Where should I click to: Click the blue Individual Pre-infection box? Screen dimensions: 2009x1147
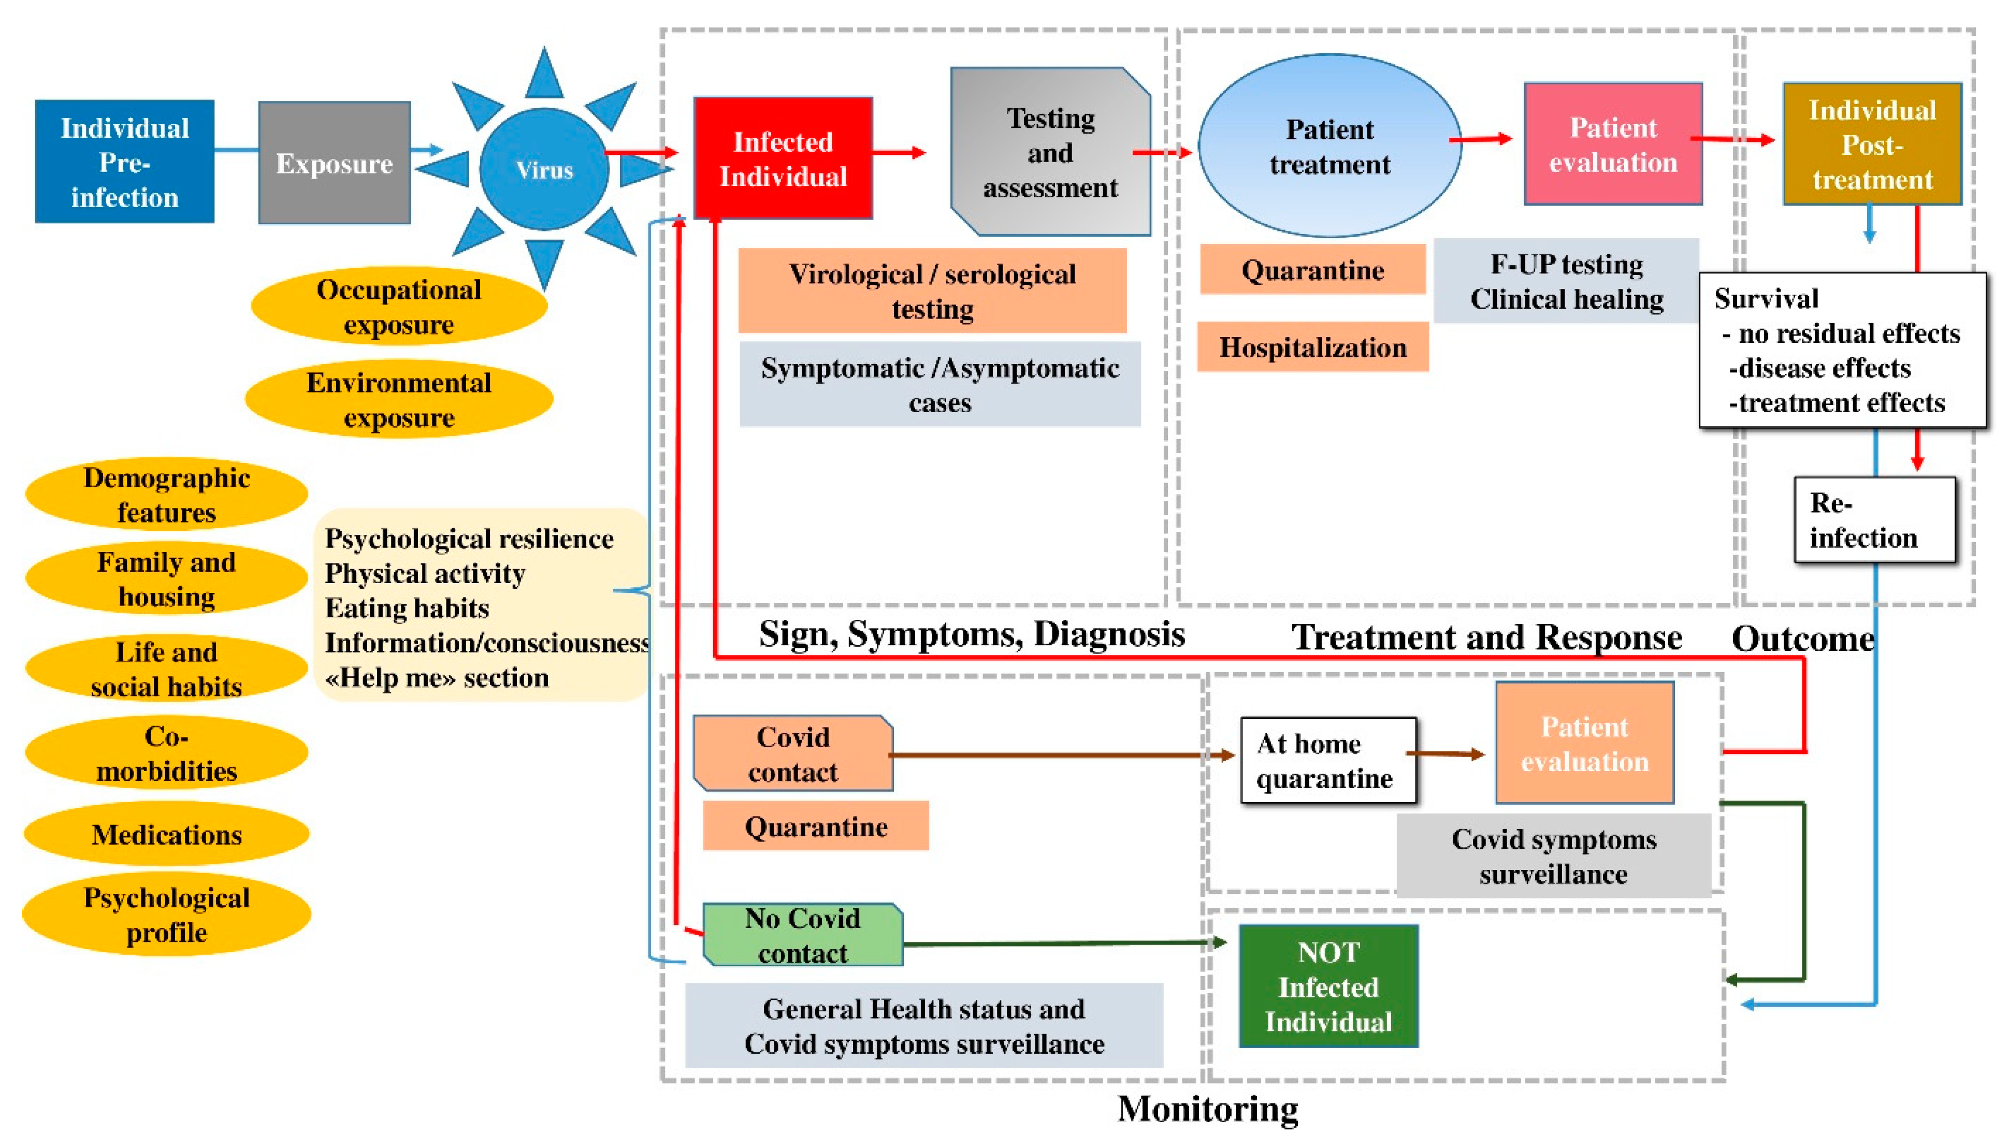pyautogui.click(x=124, y=162)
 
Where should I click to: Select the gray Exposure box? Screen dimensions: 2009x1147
pyautogui.click(x=334, y=162)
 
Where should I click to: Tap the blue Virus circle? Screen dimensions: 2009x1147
pyautogui.click(x=544, y=169)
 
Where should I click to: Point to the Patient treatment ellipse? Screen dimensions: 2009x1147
pyautogui.click(x=1330, y=146)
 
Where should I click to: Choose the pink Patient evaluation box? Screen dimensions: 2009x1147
pyautogui.click(x=1613, y=144)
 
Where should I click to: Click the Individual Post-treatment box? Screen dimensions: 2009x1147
pyautogui.click(x=1872, y=144)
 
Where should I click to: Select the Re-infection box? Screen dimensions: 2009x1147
pyautogui.click(x=1874, y=520)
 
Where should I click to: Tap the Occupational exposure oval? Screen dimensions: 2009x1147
pyautogui.click(x=399, y=307)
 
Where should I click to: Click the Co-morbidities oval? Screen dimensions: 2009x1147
pyautogui.click(x=166, y=753)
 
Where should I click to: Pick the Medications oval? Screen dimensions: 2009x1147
pyautogui.click(x=166, y=834)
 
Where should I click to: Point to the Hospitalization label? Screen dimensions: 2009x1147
pyautogui.click(x=1312, y=346)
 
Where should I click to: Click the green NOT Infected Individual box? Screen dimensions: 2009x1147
pyautogui.click(x=1328, y=986)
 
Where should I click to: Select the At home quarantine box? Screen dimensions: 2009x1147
pyautogui.click(x=1328, y=760)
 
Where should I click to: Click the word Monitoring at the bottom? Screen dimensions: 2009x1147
pyautogui.click(x=1208, y=1108)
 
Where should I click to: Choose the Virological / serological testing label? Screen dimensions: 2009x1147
pyautogui.click(x=932, y=291)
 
